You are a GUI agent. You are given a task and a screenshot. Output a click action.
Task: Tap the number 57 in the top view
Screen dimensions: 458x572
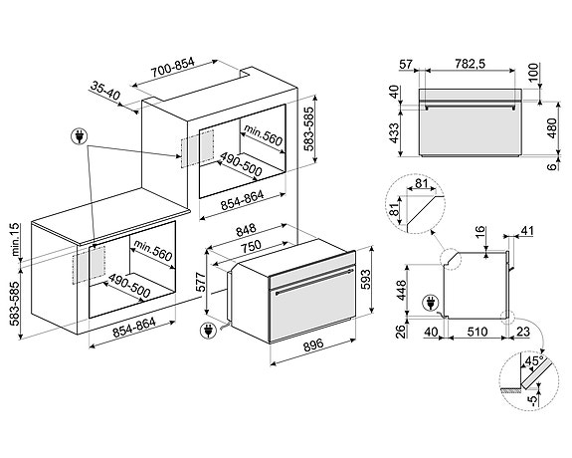pyautogui.click(x=405, y=66)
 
